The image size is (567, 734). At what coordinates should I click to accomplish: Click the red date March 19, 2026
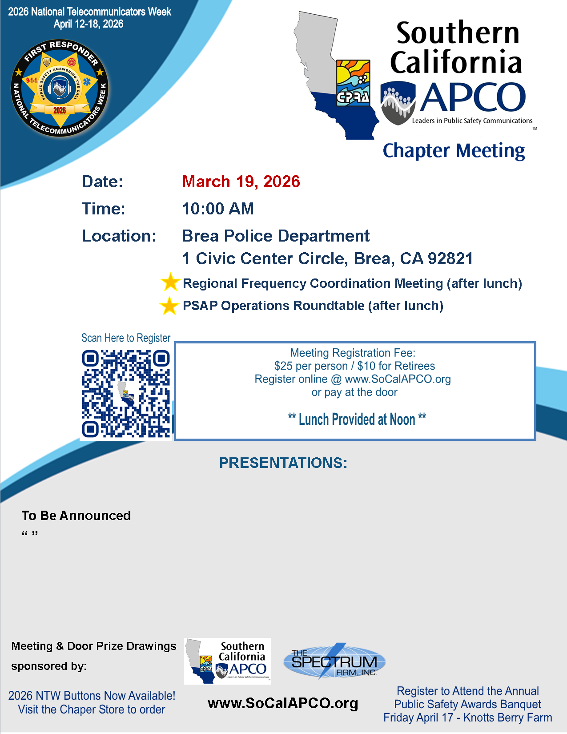(241, 181)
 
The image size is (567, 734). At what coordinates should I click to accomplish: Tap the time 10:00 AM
(218, 209)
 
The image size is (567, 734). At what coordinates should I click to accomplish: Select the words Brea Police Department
(276, 236)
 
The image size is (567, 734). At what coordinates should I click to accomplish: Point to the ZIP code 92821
(450, 258)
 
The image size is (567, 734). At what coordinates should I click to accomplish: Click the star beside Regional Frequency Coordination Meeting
(170, 282)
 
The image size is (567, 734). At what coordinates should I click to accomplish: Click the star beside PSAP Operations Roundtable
(169, 306)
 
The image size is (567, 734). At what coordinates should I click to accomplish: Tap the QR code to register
(126, 394)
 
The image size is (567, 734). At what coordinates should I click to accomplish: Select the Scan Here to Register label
(126, 338)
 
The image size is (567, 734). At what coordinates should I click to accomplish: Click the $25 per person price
(310, 366)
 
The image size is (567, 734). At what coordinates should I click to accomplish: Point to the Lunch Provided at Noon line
(357, 419)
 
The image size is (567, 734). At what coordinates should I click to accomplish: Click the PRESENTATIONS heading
(283, 463)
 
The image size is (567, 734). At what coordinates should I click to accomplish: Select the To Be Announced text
(76, 516)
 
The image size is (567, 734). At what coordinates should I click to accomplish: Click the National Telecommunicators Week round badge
(60, 88)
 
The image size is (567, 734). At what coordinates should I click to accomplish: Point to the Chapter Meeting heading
(454, 150)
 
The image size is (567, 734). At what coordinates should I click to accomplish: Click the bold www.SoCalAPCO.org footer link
(283, 703)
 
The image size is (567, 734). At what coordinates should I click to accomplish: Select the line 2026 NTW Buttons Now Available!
(92, 696)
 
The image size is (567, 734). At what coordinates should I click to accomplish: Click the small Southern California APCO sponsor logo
(228, 661)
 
